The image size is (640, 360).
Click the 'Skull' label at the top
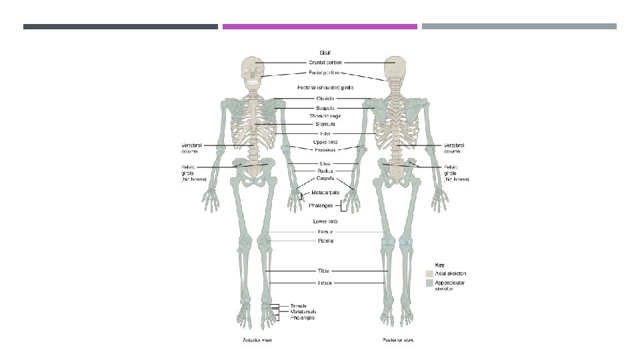click(x=325, y=52)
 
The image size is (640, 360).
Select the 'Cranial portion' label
click(x=325, y=63)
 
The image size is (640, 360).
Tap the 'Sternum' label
click(x=325, y=124)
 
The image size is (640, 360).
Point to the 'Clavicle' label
click(x=325, y=99)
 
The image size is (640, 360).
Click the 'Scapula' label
click(x=325, y=107)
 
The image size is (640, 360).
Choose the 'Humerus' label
click(x=325, y=150)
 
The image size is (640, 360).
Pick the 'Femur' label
click(x=325, y=232)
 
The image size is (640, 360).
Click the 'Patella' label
click(x=325, y=241)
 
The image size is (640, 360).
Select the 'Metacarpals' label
click(x=325, y=193)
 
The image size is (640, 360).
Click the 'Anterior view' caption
click(x=257, y=341)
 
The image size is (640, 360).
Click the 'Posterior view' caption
click(x=398, y=341)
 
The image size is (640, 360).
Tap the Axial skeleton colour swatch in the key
click(x=430, y=273)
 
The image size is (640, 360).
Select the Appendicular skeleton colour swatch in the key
click(x=430, y=283)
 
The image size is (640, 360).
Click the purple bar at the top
click(x=320, y=27)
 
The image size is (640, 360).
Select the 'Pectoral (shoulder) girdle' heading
click(x=325, y=87)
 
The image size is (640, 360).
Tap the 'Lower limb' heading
click(x=325, y=221)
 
